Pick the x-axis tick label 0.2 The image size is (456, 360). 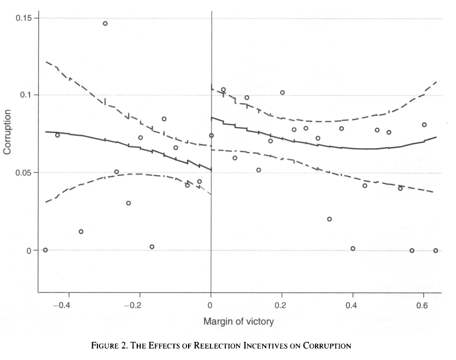(x=282, y=305)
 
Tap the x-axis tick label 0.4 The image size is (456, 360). (x=353, y=305)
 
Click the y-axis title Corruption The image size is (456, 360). (x=8, y=132)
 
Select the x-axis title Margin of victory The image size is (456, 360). (x=238, y=322)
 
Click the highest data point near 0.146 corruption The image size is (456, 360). (x=105, y=24)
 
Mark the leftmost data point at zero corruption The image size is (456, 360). (x=45, y=250)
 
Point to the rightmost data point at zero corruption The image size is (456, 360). (x=436, y=251)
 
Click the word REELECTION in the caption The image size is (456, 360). (x=216, y=345)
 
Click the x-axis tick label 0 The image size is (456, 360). (x=211, y=305)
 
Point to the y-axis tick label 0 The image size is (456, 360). (x=29, y=251)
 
